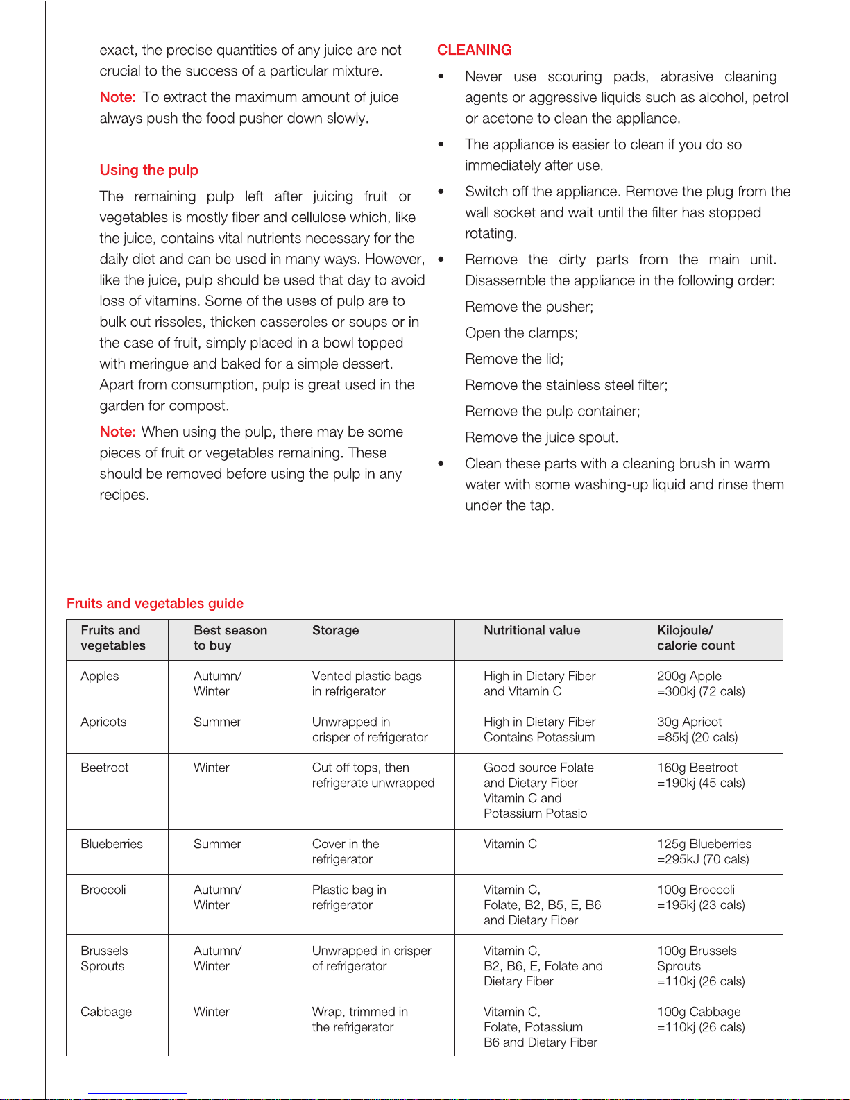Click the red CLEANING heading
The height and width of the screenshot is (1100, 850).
[x=474, y=50]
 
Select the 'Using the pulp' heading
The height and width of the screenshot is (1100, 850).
[x=148, y=170]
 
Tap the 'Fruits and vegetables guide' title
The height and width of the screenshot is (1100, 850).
[x=155, y=603]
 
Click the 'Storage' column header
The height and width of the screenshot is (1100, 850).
[x=335, y=630]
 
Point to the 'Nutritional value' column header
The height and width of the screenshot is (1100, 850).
[x=532, y=630]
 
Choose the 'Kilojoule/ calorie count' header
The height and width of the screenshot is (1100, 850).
[x=695, y=638]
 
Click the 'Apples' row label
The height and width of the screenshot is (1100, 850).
[x=100, y=676]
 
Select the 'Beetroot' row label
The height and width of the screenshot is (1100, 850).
[x=105, y=768]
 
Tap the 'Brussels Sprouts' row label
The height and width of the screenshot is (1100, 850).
[x=104, y=958]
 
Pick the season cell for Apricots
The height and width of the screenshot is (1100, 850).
[x=217, y=722]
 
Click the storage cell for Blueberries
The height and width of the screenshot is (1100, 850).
[x=346, y=852]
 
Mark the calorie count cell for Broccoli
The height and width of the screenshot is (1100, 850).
[x=701, y=897]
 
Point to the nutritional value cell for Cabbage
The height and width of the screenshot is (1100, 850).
[x=540, y=1027]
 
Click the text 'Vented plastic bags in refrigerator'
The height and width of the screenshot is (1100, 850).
[x=366, y=684]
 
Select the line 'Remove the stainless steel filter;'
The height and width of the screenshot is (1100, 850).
[x=566, y=385]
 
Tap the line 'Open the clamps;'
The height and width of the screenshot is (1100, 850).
[x=521, y=333]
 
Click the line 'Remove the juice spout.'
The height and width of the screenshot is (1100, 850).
[x=541, y=438]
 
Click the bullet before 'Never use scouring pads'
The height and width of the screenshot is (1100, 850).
[x=441, y=76]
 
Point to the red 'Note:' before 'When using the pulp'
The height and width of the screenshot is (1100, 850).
[x=117, y=432]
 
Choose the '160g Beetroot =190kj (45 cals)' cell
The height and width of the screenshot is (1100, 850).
[x=701, y=775]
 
